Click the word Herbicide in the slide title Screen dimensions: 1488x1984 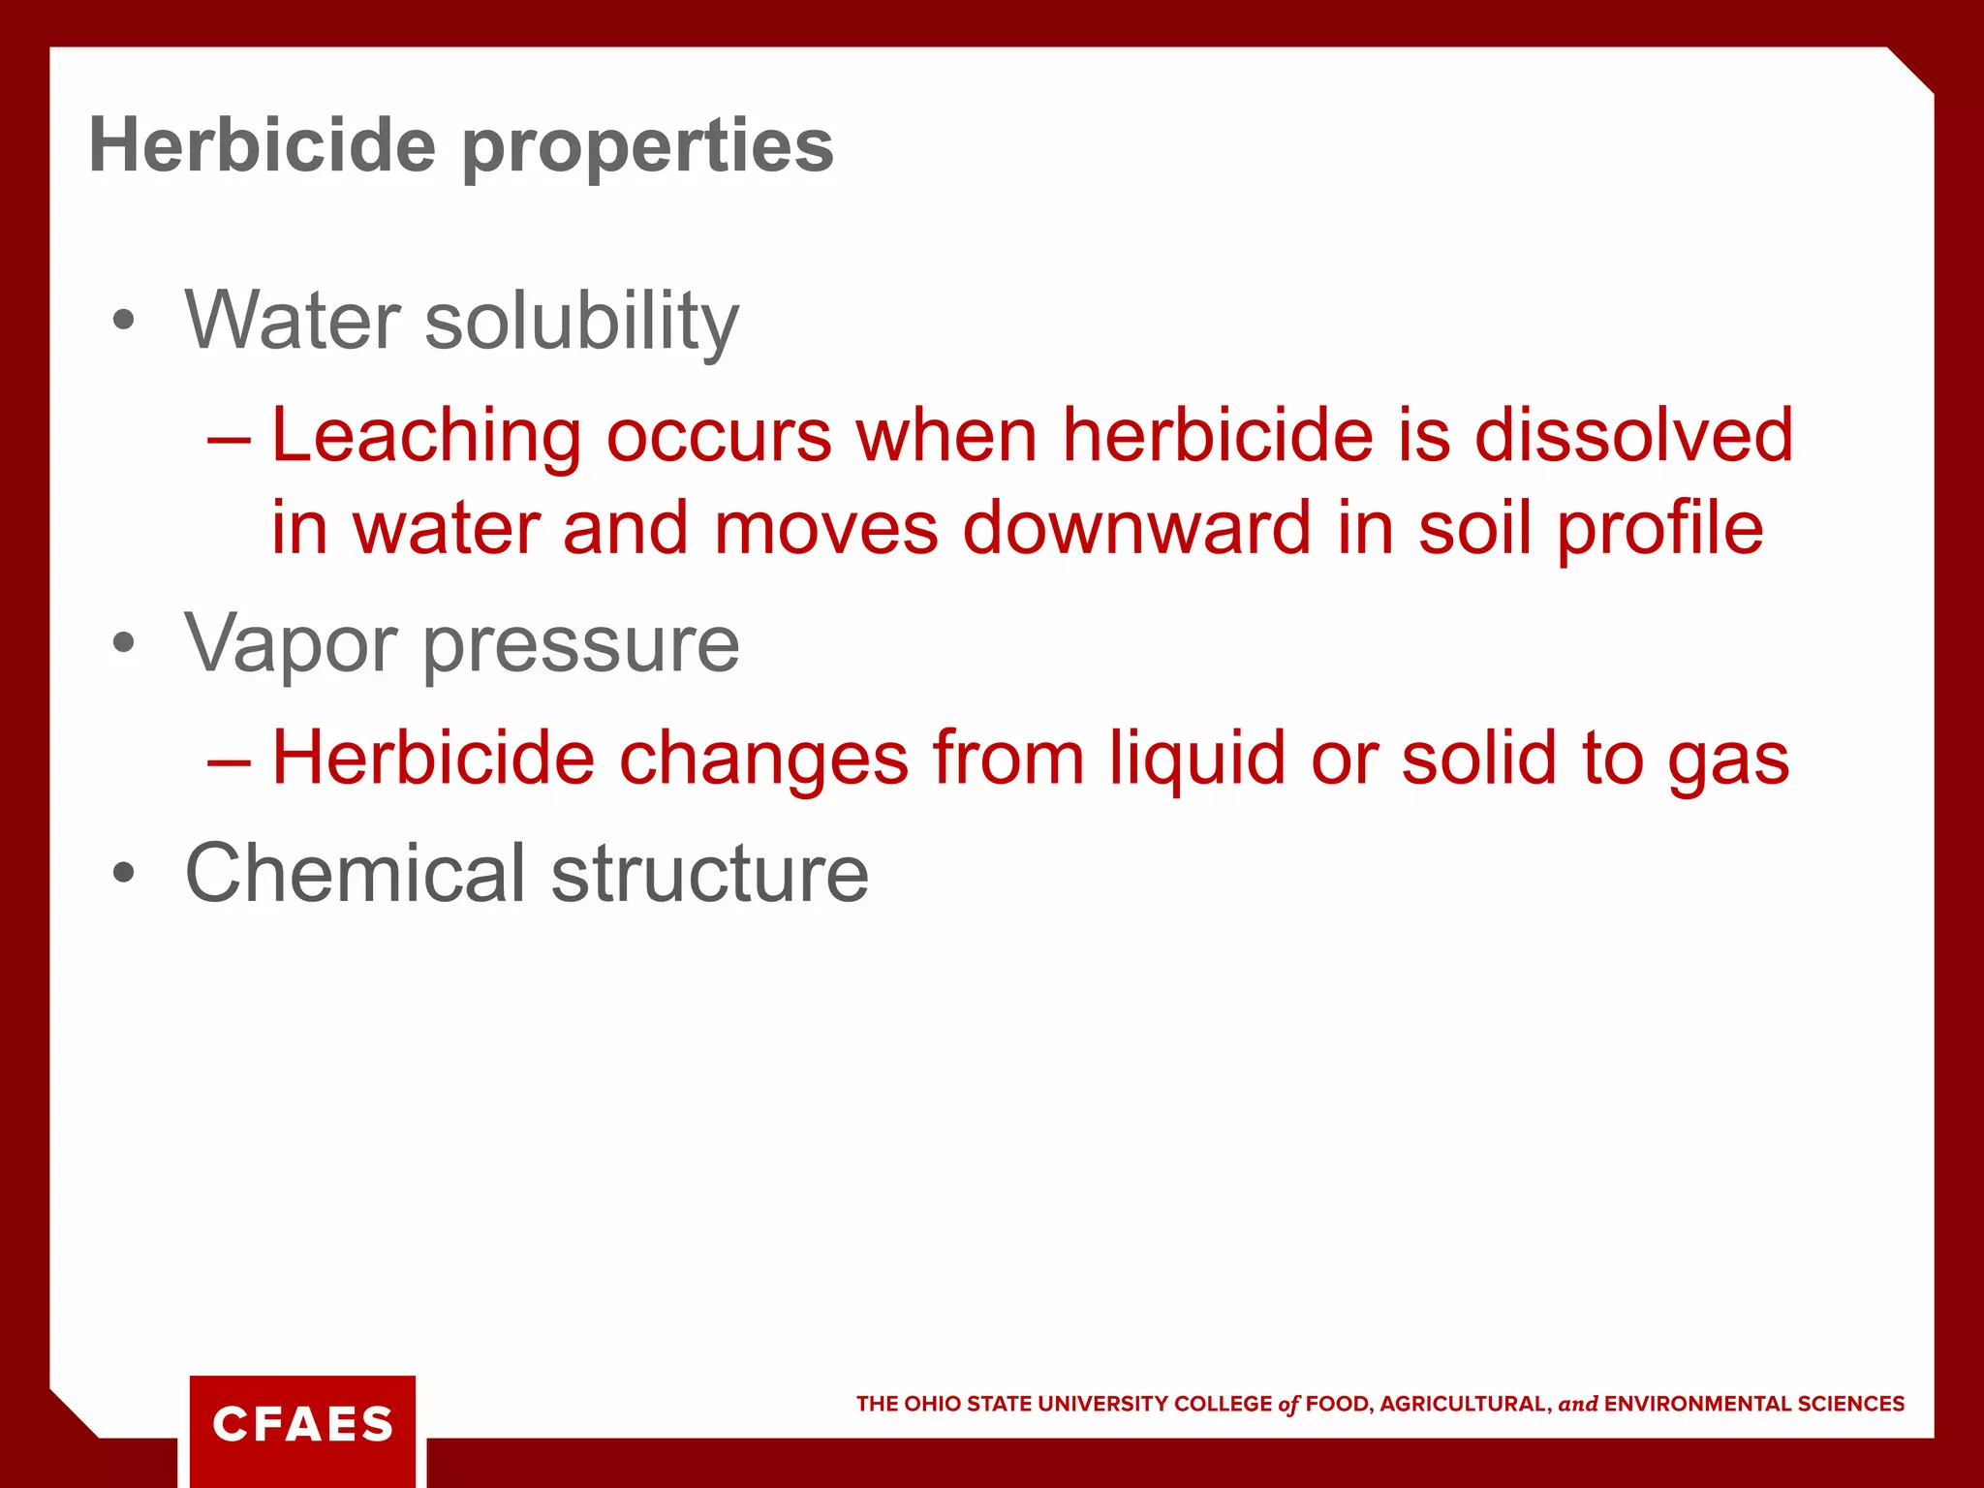point(262,146)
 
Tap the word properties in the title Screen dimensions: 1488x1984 point(647,148)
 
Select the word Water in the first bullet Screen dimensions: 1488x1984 point(293,321)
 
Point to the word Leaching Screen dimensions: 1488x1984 point(426,436)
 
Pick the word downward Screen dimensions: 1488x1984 point(1137,529)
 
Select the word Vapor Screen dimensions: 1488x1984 point(291,644)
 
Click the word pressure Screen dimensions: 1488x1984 point(581,646)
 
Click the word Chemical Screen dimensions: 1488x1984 point(356,873)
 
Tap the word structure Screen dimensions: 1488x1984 point(710,874)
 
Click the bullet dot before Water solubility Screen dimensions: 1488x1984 point(123,321)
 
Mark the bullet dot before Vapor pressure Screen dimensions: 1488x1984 point(123,643)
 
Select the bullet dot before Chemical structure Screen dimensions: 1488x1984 point(123,873)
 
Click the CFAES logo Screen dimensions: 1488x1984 point(302,1424)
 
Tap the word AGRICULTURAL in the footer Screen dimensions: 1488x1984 point(1463,1404)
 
